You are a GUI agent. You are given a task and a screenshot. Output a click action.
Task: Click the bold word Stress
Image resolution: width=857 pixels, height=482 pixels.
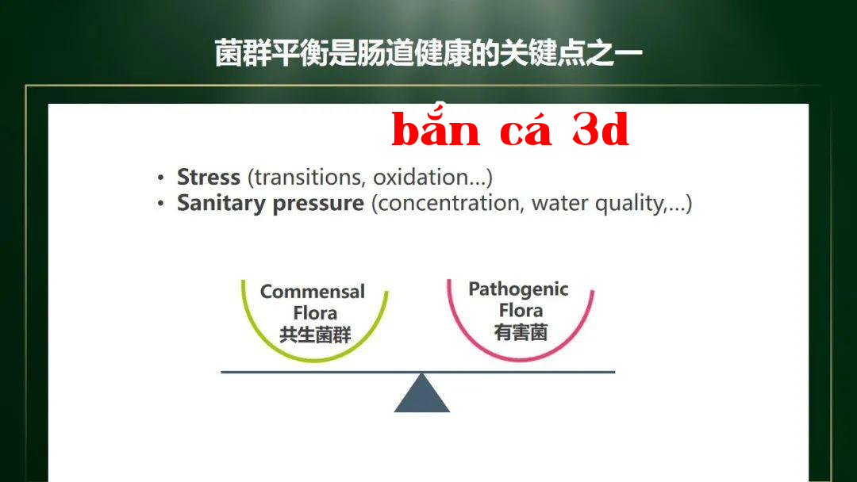(208, 177)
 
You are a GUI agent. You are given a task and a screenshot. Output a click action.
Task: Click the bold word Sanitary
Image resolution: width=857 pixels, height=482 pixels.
(221, 203)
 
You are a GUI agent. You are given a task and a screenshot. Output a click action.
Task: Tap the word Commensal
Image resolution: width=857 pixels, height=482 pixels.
(313, 292)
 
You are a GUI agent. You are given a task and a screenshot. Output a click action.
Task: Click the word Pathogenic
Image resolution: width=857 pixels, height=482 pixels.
(518, 289)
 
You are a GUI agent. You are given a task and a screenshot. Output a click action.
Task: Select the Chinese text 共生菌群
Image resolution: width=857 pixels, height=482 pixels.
(315, 335)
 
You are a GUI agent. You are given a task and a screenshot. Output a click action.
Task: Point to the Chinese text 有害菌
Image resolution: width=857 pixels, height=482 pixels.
(521, 332)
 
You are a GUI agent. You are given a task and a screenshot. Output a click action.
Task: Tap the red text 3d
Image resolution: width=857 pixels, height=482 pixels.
(601, 130)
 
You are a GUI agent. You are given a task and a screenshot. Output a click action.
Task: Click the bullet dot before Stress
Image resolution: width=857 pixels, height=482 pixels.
(160, 178)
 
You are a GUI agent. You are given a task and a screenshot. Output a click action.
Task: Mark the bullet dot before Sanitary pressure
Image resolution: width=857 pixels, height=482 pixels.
(160, 204)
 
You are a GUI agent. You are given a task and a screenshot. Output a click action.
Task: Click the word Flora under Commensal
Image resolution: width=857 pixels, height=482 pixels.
(315, 313)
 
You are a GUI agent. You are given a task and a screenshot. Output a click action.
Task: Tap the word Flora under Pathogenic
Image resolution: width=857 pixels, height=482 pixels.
(521, 310)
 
